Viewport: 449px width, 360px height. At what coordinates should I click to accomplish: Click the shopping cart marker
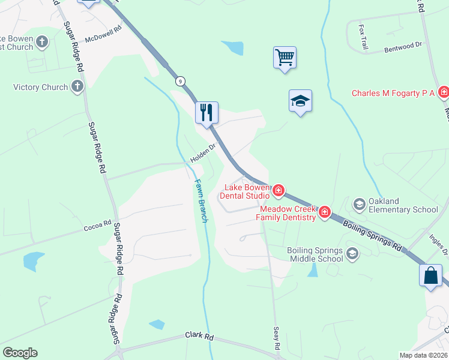coord(285,58)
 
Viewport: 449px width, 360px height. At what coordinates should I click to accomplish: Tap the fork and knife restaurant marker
coord(206,112)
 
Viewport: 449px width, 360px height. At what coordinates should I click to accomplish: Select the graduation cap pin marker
coord(300,101)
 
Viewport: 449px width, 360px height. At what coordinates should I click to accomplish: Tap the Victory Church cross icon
coord(77,87)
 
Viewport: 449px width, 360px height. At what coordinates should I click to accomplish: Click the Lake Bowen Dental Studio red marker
coord(278,191)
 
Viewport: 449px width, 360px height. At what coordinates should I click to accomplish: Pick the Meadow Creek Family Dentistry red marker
coord(325,212)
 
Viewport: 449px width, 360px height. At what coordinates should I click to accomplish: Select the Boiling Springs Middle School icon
coord(352,254)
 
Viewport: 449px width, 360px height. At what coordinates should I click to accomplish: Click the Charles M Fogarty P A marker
coord(444,92)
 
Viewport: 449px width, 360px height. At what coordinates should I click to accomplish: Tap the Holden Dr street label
coord(203,154)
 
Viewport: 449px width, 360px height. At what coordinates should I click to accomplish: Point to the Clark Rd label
coord(199,337)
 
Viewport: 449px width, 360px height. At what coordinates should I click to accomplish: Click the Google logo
coord(20,353)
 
